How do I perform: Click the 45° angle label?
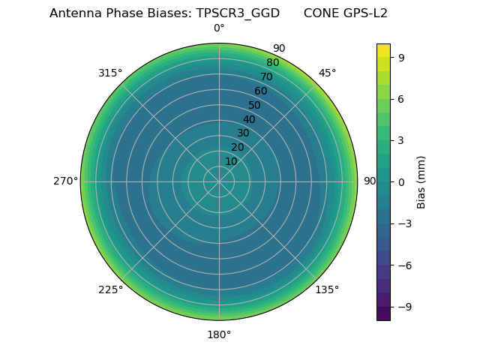(x=327, y=73)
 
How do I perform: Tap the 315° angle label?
(x=110, y=73)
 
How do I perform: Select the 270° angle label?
(x=65, y=181)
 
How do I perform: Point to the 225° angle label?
(x=110, y=290)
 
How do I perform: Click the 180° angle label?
(x=219, y=334)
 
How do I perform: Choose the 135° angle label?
(x=327, y=290)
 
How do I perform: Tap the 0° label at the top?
(x=219, y=28)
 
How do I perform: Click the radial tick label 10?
(x=231, y=161)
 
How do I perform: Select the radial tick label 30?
(x=243, y=133)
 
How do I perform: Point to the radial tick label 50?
(x=255, y=105)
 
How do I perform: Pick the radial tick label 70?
(x=266, y=76)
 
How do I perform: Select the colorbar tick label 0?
(x=402, y=181)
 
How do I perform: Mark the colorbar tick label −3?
(x=404, y=223)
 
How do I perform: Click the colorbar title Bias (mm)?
(x=421, y=181)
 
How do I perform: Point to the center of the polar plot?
(x=219, y=181)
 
